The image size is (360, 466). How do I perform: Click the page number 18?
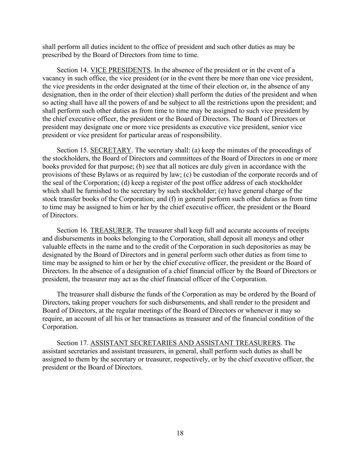tap(180, 433)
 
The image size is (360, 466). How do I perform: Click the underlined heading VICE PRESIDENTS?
tap(120, 70)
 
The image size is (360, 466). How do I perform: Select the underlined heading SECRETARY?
tap(111, 150)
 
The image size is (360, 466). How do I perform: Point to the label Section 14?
tap(72, 70)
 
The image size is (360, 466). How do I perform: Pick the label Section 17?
tap(72, 343)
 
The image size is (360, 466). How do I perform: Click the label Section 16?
tap(72, 230)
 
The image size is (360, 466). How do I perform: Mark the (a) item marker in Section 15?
tap(196, 150)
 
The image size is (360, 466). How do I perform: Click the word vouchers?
tap(129, 302)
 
